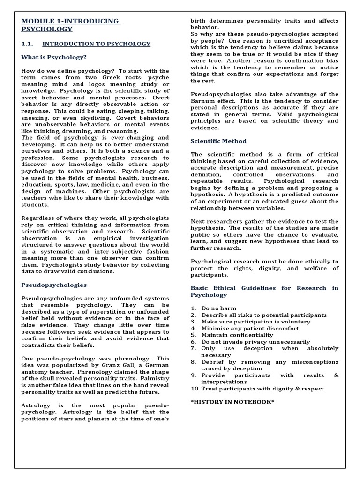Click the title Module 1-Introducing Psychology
[70, 25]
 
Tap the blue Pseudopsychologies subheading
[54, 285]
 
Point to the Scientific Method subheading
[218, 141]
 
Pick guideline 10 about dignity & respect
[262, 389]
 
